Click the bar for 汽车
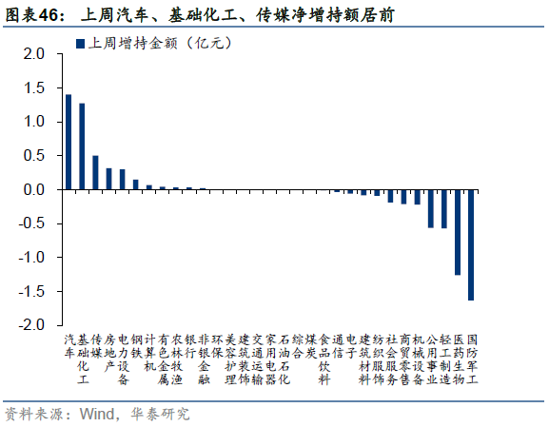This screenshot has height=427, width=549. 69,142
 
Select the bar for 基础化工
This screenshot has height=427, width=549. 82,146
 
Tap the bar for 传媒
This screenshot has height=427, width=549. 95,172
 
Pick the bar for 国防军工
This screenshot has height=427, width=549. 471,244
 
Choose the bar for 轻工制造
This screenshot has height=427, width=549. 444,208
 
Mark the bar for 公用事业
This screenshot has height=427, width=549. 431,208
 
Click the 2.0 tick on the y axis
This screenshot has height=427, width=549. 34,54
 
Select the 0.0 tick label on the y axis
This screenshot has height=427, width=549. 34,189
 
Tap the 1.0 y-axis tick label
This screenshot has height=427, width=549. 34,122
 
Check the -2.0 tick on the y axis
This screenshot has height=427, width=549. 32,324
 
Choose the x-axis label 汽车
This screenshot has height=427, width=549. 69,345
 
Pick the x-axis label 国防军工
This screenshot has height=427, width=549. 472,359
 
